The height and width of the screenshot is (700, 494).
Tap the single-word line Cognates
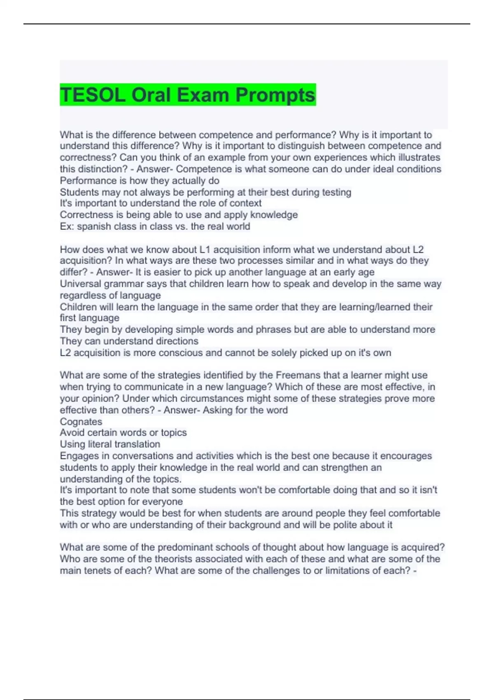click(x=81, y=422)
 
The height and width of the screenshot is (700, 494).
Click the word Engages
click(x=79, y=456)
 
